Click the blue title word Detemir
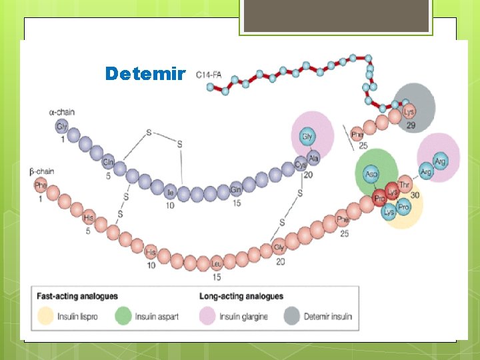pyautogui.click(x=144, y=73)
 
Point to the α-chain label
pyautogui.click(x=62, y=112)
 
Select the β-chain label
pyautogui.click(x=42, y=171)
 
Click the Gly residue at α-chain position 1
pyautogui.click(x=62, y=126)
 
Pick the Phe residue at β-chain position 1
pyautogui.click(x=41, y=185)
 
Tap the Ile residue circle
pyautogui.click(x=171, y=193)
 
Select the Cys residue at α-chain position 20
pyautogui.click(x=301, y=165)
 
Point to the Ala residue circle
pyautogui.click(x=313, y=158)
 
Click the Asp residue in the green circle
pyautogui.click(x=371, y=174)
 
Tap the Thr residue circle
pyautogui.click(x=405, y=185)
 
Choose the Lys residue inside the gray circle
pyautogui.click(x=409, y=112)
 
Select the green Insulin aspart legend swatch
pyautogui.click(x=124, y=316)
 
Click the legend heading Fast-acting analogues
pyautogui.click(x=77, y=296)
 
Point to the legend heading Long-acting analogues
pyautogui.click(x=241, y=296)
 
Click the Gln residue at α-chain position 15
pyautogui.click(x=235, y=191)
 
